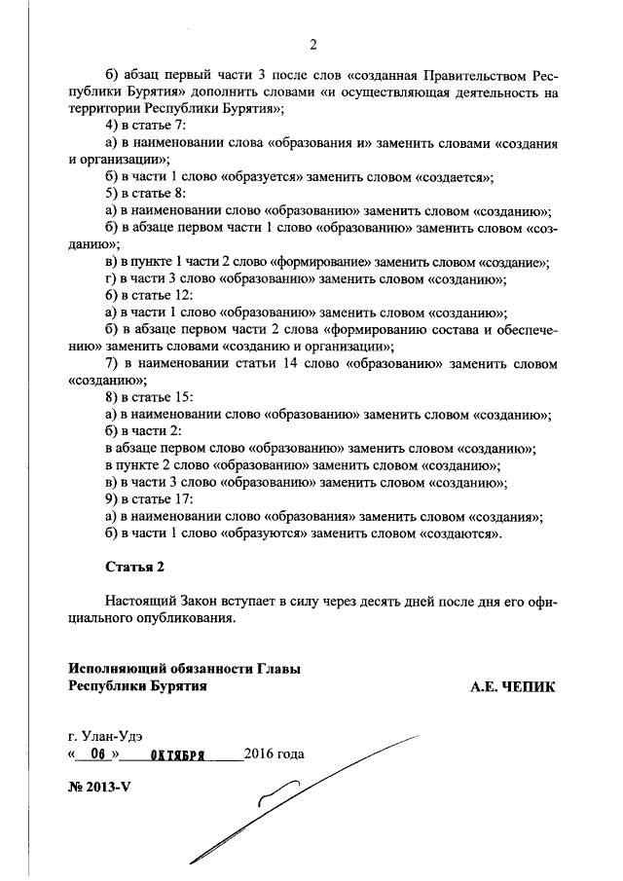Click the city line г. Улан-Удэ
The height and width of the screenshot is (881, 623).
(x=112, y=736)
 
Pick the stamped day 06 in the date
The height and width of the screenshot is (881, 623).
(x=95, y=754)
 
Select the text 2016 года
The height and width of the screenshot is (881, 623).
(x=275, y=754)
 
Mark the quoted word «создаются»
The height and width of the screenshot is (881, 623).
(x=460, y=533)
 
